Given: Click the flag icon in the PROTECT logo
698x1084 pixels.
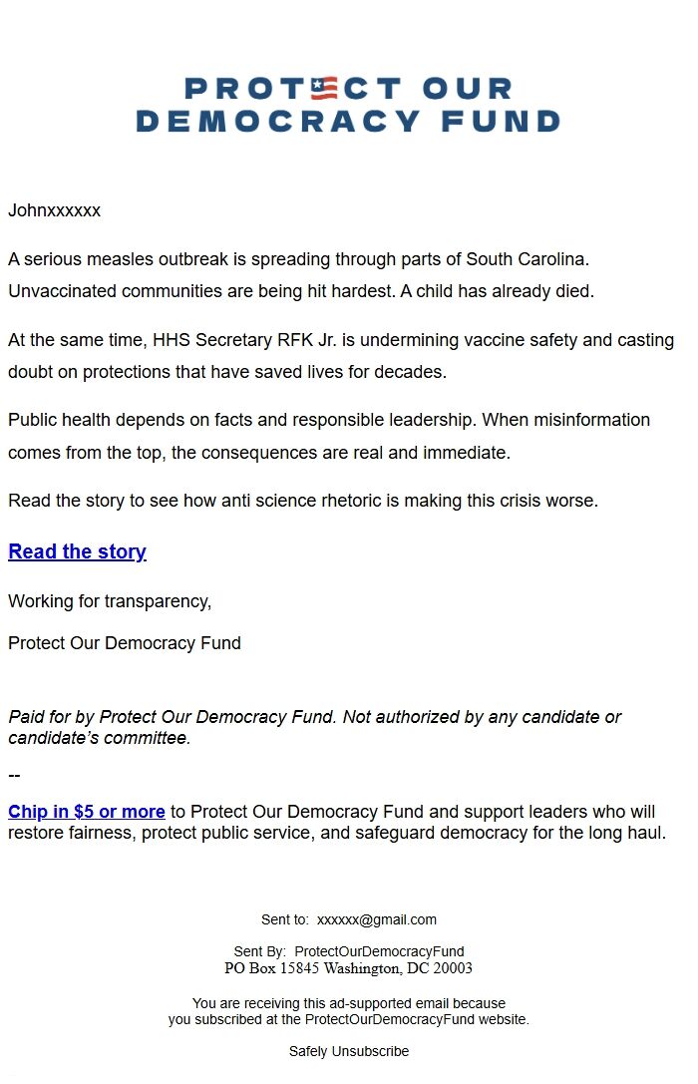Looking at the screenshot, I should [324, 89].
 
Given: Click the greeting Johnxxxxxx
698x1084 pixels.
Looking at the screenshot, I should [54, 210].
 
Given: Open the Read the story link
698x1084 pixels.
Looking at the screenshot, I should [77, 551].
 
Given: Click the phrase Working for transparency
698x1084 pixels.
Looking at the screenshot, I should [110, 601].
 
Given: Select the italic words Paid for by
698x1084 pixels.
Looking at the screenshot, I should [51, 717].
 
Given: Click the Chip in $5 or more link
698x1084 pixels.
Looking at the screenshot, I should [87, 812].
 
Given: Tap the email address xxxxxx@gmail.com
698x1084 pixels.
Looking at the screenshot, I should [377, 919].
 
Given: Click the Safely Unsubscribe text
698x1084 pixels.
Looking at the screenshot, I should [349, 1051].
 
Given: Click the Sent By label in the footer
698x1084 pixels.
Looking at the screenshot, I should [259, 951].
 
